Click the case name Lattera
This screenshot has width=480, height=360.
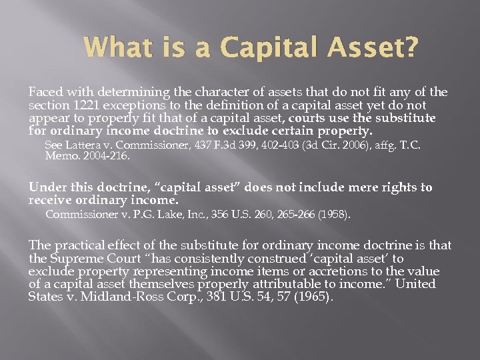[82, 145]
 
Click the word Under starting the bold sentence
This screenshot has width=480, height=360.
[44, 188]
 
